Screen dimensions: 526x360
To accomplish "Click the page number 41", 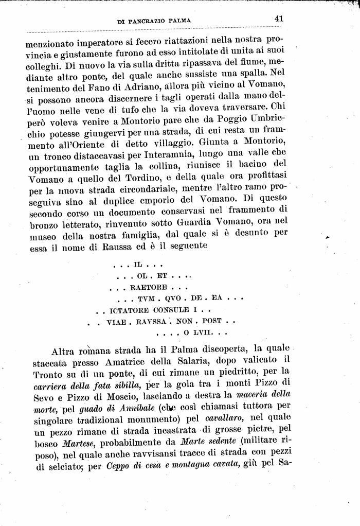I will [x=279, y=19].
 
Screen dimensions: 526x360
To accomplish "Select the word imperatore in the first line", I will [x=108, y=42].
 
